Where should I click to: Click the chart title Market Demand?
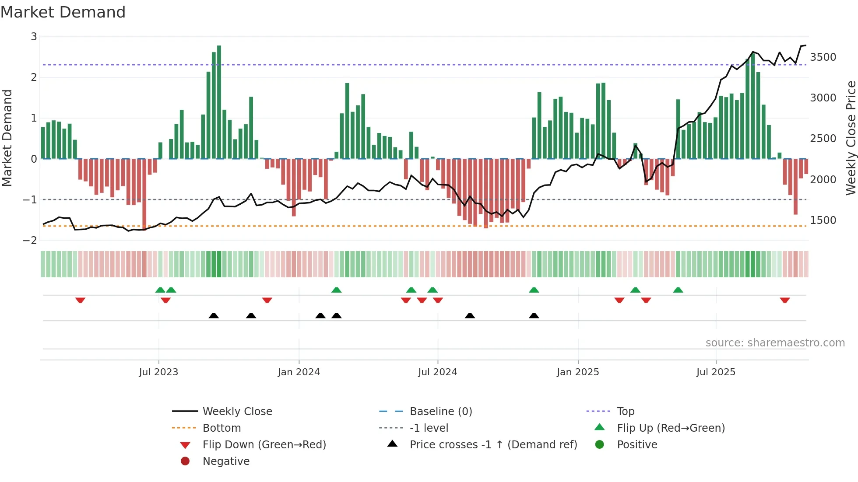coord(63,12)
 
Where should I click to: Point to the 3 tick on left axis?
coord(34,37)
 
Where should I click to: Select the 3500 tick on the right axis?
coord(823,57)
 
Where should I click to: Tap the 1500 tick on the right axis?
coord(823,220)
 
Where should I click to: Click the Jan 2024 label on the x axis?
coord(299,372)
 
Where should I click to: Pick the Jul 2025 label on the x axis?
coord(716,372)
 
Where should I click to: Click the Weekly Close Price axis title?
coord(851,138)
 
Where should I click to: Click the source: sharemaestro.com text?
coord(775,343)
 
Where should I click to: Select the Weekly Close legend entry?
coord(237,412)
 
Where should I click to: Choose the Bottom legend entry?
coord(222,428)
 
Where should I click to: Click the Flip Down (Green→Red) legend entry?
coord(264,445)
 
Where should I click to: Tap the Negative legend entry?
coord(226,461)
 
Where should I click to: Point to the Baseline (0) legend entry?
coord(440,412)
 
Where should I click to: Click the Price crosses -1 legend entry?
coord(493,445)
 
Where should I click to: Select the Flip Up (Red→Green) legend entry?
coord(671,428)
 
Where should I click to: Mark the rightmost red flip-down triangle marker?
coord(784,300)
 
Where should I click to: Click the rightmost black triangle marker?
coord(534,315)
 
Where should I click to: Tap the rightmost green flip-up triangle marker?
coord(678,290)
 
